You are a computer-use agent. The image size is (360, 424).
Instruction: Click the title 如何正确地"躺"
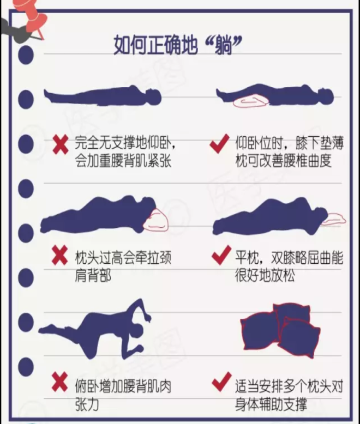point(177,45)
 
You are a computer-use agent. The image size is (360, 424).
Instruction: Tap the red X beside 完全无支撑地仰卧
point(61,145)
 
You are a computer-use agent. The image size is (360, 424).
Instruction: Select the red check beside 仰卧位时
point(219,143)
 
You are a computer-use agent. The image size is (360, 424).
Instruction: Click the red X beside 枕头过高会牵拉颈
point(59,255)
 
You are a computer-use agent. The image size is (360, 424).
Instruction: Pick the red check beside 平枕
point(221,255)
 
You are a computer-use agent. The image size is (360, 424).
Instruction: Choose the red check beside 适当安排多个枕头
point(221,381)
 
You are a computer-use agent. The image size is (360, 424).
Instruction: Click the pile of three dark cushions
point(280,330)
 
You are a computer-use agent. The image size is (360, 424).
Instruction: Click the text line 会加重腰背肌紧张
point(123,161)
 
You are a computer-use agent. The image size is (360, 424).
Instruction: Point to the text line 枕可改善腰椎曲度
point(284,161)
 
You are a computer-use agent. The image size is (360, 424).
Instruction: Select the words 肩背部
point(93,276)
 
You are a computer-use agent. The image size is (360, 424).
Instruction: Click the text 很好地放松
point(265,276)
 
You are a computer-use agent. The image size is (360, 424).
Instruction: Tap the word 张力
point(87,405)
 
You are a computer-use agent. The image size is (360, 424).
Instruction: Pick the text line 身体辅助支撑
point(271,405)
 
